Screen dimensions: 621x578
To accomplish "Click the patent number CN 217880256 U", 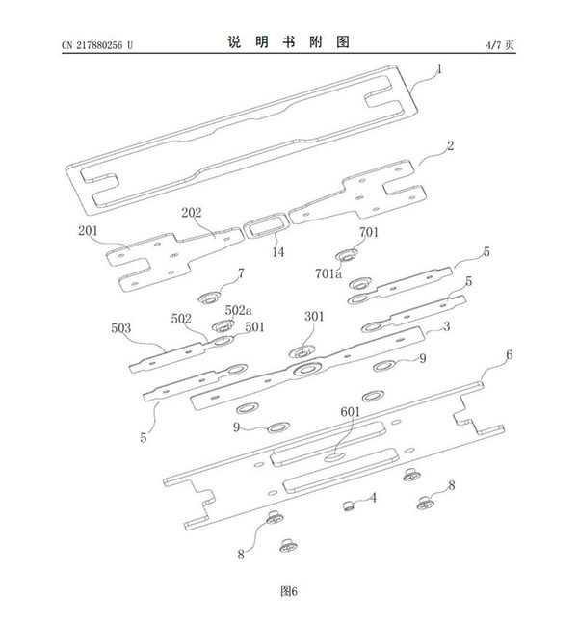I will click(85, 43).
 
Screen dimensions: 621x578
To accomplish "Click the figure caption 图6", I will click(288, 591).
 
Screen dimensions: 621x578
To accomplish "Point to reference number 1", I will click(438, 68).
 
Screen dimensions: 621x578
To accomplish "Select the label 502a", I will click(239, 310).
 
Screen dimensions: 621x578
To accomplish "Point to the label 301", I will click(315, 315).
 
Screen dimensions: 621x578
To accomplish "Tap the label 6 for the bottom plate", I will click(509, 355).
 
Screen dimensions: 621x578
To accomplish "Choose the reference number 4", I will click(375, 499).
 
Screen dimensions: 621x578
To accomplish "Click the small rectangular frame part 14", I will click(262, 229).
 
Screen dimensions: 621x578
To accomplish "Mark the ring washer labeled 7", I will click(210, 294).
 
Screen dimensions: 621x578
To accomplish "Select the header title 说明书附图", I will click(287, 42).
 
